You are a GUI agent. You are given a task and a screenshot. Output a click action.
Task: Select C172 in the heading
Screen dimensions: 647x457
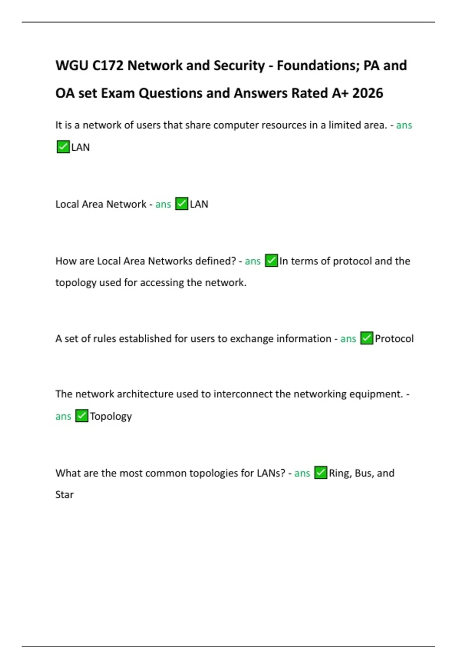(x=108, y=65)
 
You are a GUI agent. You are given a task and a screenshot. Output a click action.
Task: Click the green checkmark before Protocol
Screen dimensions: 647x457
(x=367, y=338)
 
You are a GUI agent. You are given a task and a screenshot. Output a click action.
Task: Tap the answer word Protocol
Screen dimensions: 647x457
(x=394, y=339)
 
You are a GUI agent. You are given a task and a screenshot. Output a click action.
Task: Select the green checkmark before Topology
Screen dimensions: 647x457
(x=81, y=416)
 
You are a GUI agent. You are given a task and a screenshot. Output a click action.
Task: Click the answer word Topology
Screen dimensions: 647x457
(x=111, y=416)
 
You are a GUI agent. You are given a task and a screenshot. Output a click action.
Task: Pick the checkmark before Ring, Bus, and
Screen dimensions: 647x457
(x=321, y=473)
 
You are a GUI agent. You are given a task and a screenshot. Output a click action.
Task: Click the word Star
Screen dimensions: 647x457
(x=64, y=495)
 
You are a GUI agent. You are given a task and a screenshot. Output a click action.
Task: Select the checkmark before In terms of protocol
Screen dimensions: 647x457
(x=271, y=261)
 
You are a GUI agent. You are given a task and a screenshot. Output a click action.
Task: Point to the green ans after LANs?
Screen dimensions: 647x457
(x=302, y=473)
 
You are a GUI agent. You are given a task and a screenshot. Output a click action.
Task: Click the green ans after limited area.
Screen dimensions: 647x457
(x=404, y=125)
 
